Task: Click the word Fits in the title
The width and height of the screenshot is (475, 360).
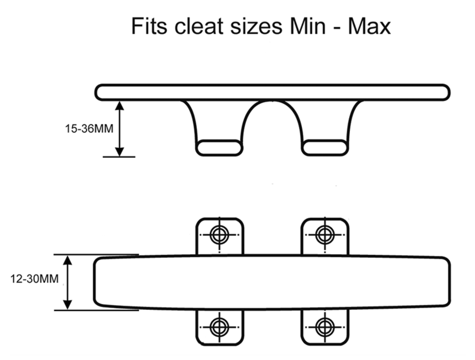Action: [149, 26]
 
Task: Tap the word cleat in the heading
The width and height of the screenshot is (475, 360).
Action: [199, 26]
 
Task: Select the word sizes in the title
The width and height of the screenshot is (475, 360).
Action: [256, 26]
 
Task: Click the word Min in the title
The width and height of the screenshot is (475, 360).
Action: [308, 26]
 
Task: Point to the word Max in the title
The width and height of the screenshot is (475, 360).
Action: [369, 26]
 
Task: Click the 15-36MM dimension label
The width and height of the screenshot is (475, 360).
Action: [89, 129]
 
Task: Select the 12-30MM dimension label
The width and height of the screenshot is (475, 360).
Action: [34, 279]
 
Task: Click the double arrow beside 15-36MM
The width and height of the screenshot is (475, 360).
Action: [119, 129]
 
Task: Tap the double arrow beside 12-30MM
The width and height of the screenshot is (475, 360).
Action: [68, 282]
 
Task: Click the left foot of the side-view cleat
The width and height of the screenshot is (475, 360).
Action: [219, 148]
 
